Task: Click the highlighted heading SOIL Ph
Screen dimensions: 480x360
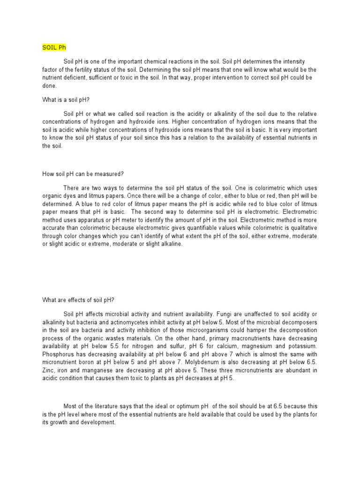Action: [55, 48]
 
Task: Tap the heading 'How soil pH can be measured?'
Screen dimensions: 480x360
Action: [82, 174]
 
